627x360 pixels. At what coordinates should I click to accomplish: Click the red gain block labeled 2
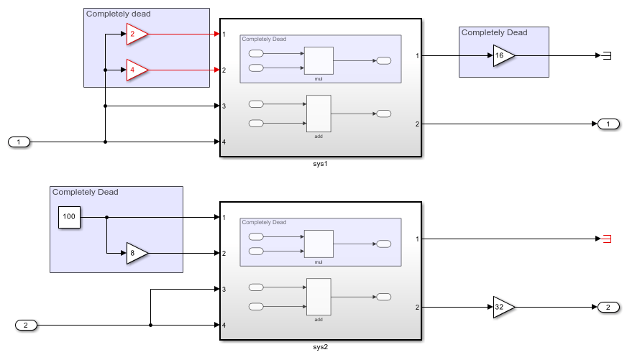(136, 34)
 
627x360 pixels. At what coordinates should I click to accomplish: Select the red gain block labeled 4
(136, 70)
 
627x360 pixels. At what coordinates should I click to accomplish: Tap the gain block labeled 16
(503, 55)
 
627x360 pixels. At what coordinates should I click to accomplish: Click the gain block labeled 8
(136, 253)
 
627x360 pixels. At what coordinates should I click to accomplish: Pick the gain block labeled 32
(503, 307)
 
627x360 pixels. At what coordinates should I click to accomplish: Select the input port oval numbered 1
(19, 142)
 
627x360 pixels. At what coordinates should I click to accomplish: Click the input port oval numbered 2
(26, 326)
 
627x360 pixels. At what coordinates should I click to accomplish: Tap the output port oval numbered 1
(608, 124)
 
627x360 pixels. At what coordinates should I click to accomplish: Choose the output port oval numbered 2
(608, 308)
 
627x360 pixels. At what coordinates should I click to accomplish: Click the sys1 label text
(321, 164)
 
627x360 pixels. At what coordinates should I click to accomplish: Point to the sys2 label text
(321, 347)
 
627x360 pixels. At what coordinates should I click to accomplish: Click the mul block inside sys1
(319, 60)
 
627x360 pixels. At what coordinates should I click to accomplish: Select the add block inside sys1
(319, 113)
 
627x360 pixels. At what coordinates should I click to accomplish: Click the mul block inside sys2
(319, 244)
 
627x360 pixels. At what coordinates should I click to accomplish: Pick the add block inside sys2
(319, 296)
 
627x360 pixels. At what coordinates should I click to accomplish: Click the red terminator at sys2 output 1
(607, 239)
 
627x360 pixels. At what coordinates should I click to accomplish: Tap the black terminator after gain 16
(607, 55)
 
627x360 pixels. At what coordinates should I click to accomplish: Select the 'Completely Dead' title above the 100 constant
(85, 192)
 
